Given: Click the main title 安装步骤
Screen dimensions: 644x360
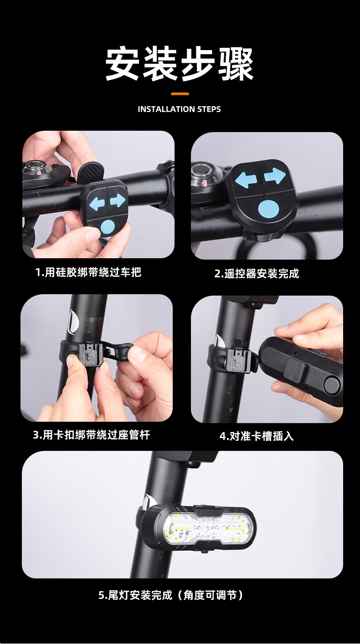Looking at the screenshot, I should (180, 64).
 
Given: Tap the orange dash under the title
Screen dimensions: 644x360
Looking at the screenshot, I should (180, 94).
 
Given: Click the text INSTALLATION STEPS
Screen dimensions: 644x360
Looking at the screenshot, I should (179, 109).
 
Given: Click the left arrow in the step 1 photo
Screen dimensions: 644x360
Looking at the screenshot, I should (97, 204).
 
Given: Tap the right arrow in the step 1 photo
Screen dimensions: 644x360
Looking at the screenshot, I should (117, 200).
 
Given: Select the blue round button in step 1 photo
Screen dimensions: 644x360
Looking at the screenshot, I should (108, 227).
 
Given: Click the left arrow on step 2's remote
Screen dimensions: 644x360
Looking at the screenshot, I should (246, 179).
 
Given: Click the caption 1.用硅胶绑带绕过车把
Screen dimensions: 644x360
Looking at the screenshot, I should (88, 272).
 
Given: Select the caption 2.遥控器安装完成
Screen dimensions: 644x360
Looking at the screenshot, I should (257, 274).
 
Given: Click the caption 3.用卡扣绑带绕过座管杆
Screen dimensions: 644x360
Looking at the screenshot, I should (91, 435).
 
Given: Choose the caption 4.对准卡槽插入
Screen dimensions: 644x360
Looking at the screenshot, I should (257, 436).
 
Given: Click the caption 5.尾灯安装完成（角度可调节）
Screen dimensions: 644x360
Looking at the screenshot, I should (171, 595).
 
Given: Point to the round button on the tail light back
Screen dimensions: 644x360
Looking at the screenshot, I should (331, 385).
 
